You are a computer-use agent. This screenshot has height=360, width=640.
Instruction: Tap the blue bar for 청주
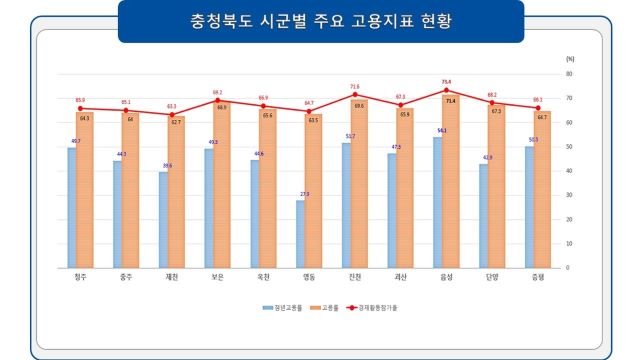tap(72, 207)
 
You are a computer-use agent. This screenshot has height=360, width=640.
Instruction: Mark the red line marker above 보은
tap(218, 100)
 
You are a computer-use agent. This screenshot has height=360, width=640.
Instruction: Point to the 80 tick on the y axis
tap(568, 74)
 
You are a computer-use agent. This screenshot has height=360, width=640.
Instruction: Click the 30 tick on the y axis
tap(568, 195)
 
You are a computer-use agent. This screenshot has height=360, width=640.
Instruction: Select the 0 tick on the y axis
tap(567, 268)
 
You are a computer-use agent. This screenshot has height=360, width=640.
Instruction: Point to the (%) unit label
tap(568, 61)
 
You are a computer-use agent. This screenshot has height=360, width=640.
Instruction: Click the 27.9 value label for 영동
tap(304, 194)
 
